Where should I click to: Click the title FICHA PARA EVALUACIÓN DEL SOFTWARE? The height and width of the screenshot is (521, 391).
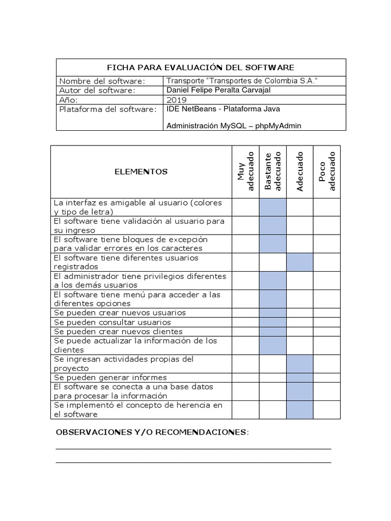pyautogui.click(x=201, y=68)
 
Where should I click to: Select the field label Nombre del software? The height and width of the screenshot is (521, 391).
pyautogui.click(x=102, y=81)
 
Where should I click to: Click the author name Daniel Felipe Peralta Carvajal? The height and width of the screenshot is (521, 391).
pyautogui.click(x=219, y=90)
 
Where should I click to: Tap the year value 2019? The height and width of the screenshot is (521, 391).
pyautogui.click(x=177, y=100)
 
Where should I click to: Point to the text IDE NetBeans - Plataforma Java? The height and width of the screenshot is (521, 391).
pyautogui.click(x=223, y=109)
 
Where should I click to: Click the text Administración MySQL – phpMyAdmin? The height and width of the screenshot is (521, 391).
pyautogui.click(x=230, y=126)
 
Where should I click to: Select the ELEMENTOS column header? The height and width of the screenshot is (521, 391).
pyautogui.click(x=141, y=172)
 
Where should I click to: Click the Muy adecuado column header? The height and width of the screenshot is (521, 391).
pyautogui.click(x=245, y=172)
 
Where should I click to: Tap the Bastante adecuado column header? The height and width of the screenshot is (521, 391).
pyautogui.click(x=273, y=172)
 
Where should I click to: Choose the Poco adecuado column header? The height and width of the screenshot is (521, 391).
pyautogui.click(x=326, y=172)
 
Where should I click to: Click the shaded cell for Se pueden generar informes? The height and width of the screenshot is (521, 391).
pyautogui.click(x=299, y=378)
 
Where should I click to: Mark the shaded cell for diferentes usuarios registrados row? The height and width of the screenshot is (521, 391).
pyautogui.click(x=299, y=262)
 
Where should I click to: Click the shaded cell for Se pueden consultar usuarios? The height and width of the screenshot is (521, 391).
pyautogui.click(x=273, y=322)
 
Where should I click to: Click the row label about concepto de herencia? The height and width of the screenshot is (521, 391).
pyautogui.click(x=138, y=410)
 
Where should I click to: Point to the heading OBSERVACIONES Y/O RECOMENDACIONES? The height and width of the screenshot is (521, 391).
pyautogui.click(x=152, y=432)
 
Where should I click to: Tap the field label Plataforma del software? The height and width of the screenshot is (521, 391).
pyautogui.click(x=108, y=109)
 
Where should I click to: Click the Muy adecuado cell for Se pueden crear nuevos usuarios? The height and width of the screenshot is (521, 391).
pyautogui.click(x=245, y=312)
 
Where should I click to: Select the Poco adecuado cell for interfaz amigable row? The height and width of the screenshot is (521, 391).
pyautogui.click(x=326, y=207)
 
